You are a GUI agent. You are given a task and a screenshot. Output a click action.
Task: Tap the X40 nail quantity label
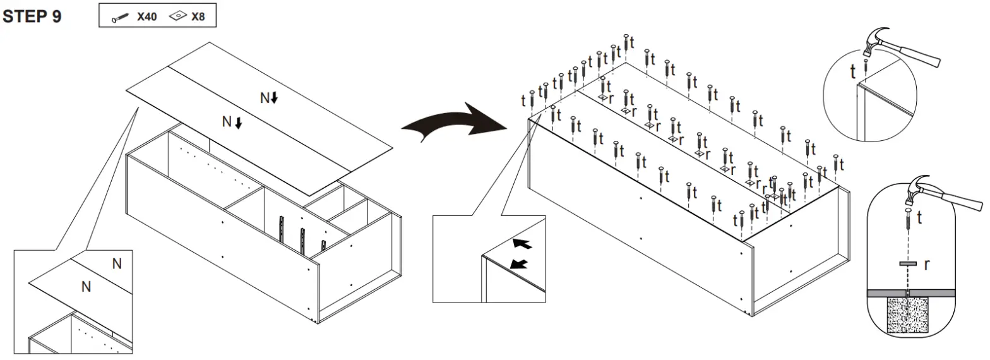147,17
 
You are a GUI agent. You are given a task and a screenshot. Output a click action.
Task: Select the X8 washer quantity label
198,17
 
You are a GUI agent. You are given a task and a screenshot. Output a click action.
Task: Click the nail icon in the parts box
121,18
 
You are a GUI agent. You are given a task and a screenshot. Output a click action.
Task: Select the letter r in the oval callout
926,265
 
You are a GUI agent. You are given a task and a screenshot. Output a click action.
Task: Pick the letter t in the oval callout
919,219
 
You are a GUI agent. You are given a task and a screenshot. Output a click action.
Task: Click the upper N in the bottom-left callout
117,264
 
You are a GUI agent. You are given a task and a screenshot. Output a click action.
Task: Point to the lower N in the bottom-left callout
86,287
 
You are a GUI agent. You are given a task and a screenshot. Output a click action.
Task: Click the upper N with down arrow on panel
269,98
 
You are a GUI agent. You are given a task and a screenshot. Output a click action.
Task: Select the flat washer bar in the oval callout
907,263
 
